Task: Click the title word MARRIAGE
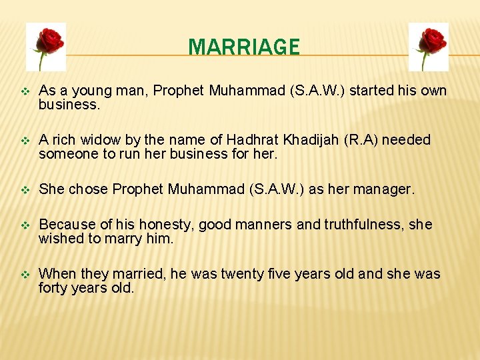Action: [x=244, y=47]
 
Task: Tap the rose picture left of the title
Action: [x=46, y=47]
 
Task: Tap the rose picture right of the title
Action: [x=428, y=47]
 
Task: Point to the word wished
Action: [x=59, y=239]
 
